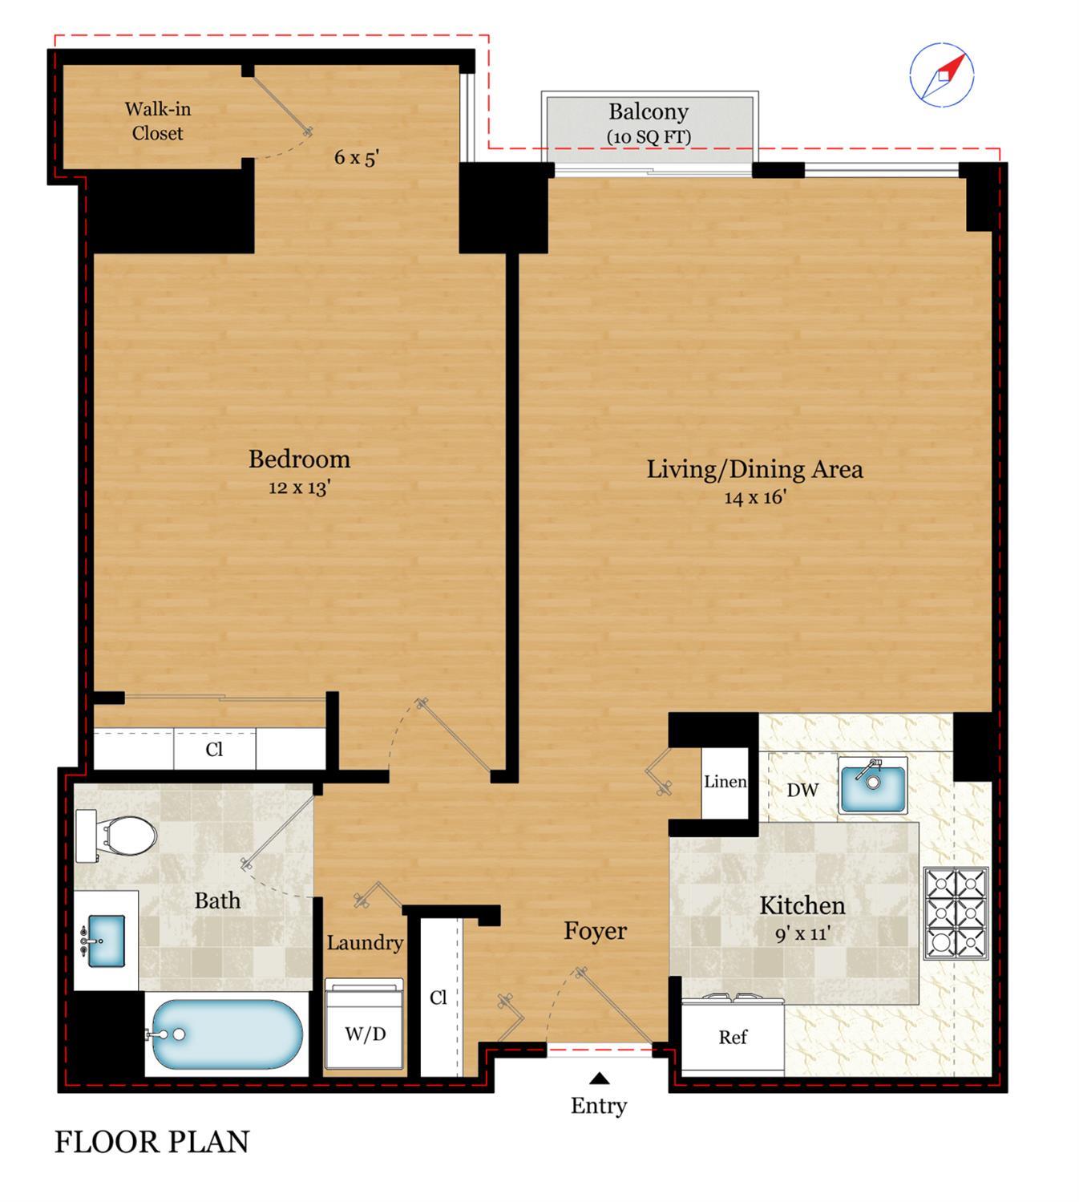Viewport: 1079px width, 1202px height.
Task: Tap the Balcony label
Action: pyautogui.click(x=648, y=112)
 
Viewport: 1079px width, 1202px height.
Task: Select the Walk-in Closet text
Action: pyautogui.click(x=157, y=121)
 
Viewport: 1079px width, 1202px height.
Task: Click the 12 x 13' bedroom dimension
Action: pyautogui.click(x=299, y=488)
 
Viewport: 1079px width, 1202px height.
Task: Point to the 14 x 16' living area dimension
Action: pyautogui.click(x=754, y=497)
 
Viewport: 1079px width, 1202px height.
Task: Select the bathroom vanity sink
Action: pyautogui.click(x=102, y=941)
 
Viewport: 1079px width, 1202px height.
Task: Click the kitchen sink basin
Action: pyautogui.click(x=873, y=788)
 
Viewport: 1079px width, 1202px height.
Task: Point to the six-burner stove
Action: pyautogui.click(x=956, y=913)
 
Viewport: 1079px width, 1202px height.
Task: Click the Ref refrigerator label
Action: pyautogui.click(x=732, y=1037)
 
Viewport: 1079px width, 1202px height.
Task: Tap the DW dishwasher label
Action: pyautogui.click(x=802, y=790)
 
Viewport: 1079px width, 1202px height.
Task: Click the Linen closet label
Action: pyautogui.click(x=725, y=782)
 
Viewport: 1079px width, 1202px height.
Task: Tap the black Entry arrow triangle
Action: pyautogui.click(x=599, y=1078)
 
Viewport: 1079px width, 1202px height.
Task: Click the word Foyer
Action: pyautogui.click(x=595, y=931)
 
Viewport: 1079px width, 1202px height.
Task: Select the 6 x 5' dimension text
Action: pyautogui.click(x=356, y=157)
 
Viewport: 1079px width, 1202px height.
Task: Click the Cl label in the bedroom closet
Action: pyautogui.click(x=214, y=750)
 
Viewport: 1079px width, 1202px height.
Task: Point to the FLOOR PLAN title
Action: pyautogui.click(x=152, y=1141)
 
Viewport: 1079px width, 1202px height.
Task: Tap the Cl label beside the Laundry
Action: pyautogui.click(x=438, y=998)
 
